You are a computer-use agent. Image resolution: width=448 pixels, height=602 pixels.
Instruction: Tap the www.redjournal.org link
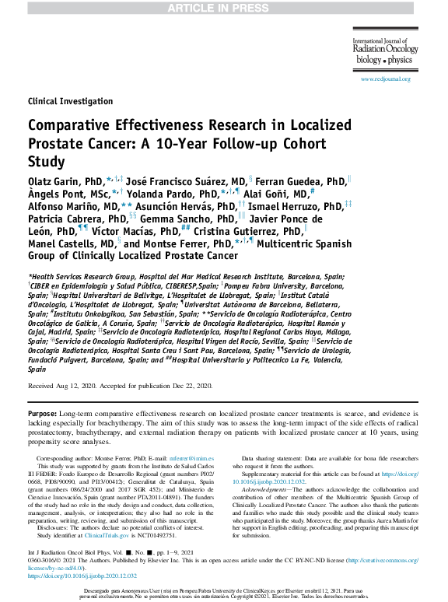[x=385, y=79]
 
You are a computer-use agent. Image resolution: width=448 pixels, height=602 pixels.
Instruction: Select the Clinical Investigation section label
[x=70, y=102]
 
